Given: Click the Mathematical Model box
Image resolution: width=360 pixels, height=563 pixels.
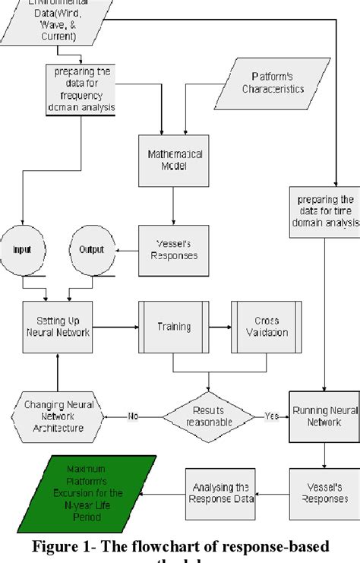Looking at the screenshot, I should point(174,160).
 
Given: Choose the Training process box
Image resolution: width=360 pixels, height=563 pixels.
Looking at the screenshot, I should point(173,327).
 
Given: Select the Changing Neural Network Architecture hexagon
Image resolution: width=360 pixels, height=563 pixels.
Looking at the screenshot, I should point(58,416).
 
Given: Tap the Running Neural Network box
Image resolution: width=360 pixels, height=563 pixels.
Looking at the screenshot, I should point(324,416).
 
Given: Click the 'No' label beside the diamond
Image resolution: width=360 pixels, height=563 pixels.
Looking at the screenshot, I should point(134,416).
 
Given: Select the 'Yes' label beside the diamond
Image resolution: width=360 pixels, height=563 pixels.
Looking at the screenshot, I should point(272,416).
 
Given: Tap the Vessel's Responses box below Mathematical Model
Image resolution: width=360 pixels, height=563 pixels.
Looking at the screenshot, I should point(174,249).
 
